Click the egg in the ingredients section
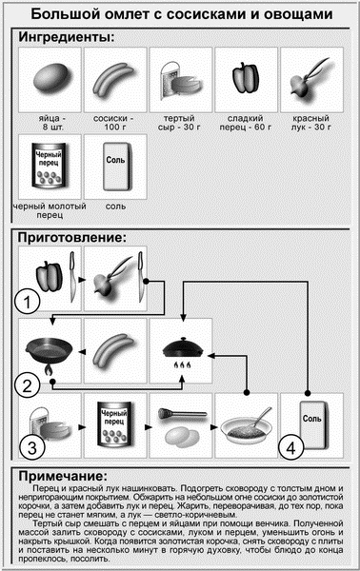[50, 79]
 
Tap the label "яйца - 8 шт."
[50, 123]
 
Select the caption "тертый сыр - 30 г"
[180, 123]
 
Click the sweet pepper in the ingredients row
[246, 78]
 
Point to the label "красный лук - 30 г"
[310, 123]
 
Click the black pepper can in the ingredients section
[50, 166]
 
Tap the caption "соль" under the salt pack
[115, 207]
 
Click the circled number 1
[28, 302]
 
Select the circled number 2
[28, 385]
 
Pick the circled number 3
[32, 447]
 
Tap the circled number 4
[290, 448]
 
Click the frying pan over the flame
[49, 352]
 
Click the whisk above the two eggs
[182, 413]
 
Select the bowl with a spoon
[247, 426]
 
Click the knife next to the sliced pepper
[72, 276]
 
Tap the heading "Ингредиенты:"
[67, 37]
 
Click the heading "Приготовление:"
[72, 237]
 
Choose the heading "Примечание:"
[63, 476]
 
